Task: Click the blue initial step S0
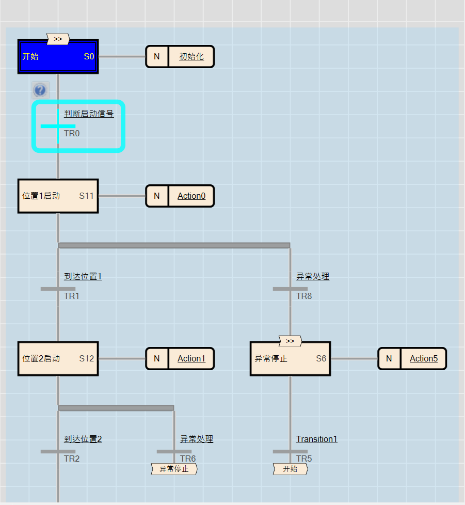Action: pyautogui.click(x=58, y=57)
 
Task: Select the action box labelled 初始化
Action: pyautogui.click(x=191, y=57)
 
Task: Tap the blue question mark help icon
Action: pyautogui.click(x=40, y=90)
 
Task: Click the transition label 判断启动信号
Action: pyautogui.click(x=89, y=114)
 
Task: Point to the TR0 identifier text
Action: pyautogui.click(x=72, y=133)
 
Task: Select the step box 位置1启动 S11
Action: pyautogui.click(x=58, y=196)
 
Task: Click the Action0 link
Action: pyautogui.click(x=191, y=196)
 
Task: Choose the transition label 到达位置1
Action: pyautogui.click(x=83, y=276)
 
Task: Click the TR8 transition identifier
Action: pyautogui.click(x=304, y=296)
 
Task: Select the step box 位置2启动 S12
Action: pyautogui.click(x=58, y=358)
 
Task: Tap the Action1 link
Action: pyautogui.click(x=191, y=358)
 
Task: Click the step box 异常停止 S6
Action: pyautogui.click(x=290, y=359)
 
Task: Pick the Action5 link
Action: pyautogui.click(x=424, y=358)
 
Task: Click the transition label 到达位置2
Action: pyautogui.click(x=83, y=439)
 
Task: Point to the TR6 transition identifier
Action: pyautogui.click(x=188, y=459)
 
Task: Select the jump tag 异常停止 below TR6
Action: pyautogui.click(x=174, y=469)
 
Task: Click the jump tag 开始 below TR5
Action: pyautogui.click(x=290, y=469)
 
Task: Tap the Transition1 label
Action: pyautogui.click(x=316, y=439)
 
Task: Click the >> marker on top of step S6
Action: pyautogui.click(x=290, y=341)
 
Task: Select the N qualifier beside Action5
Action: pyautogui.click(x=389, y=358)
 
